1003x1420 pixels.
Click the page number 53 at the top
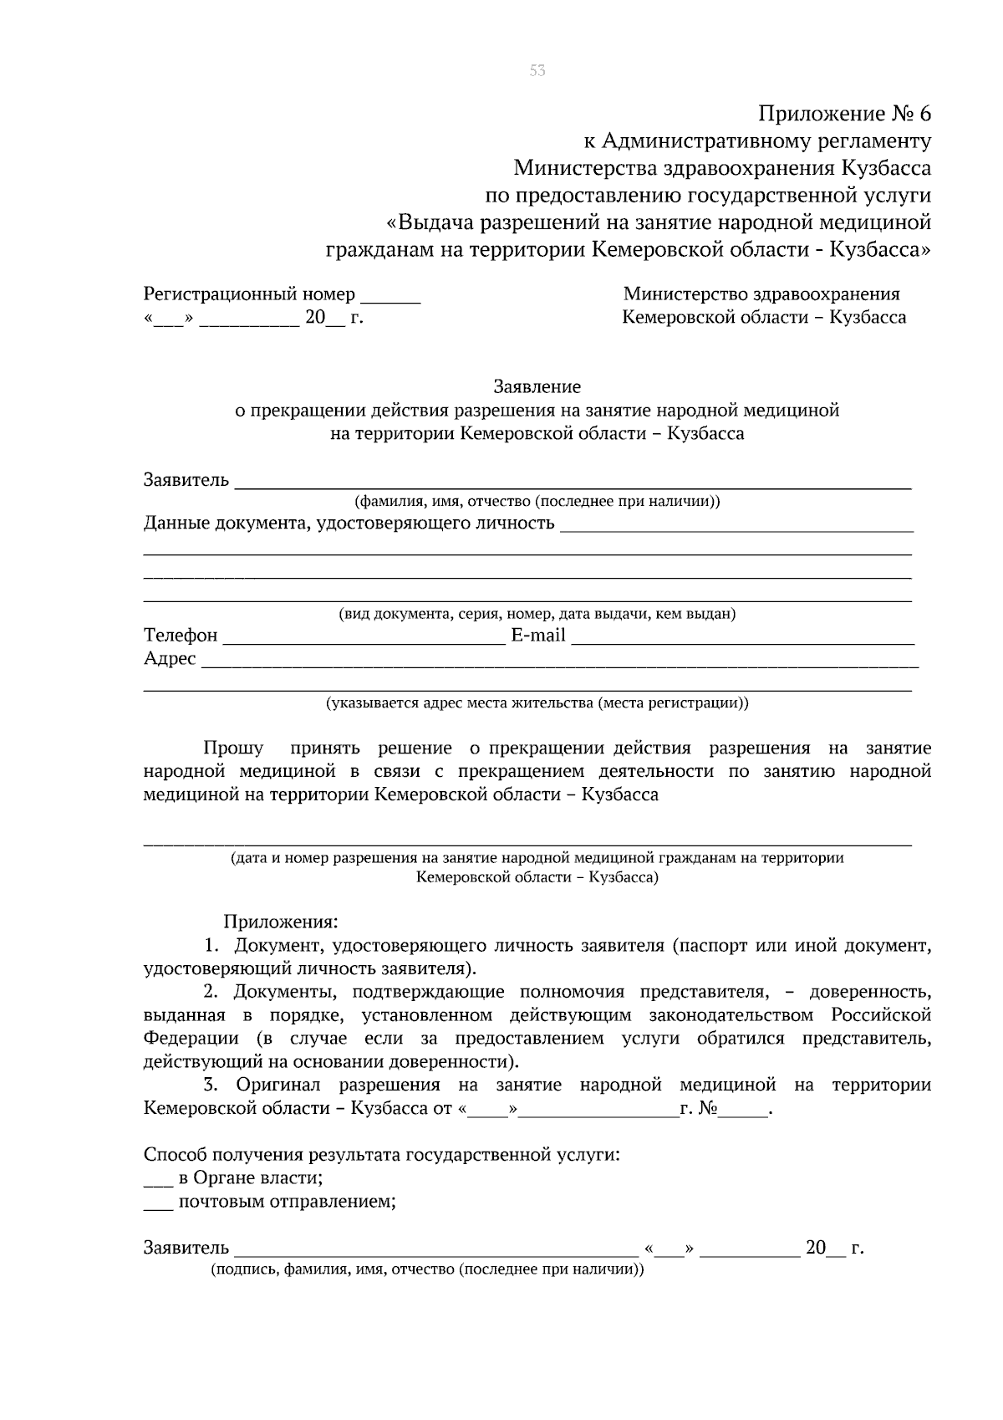537,71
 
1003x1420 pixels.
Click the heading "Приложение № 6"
844,113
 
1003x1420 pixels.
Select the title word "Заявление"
537,387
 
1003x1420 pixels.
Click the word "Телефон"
181,636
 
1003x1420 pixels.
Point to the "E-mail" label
538,636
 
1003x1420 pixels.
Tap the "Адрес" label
170,659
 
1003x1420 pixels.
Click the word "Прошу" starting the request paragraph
233,748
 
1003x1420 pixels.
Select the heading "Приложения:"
281,922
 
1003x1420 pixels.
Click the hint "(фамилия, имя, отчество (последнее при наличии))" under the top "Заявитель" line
537,502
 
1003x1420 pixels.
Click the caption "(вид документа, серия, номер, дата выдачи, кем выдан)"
537,615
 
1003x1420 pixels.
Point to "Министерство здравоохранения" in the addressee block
761,294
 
